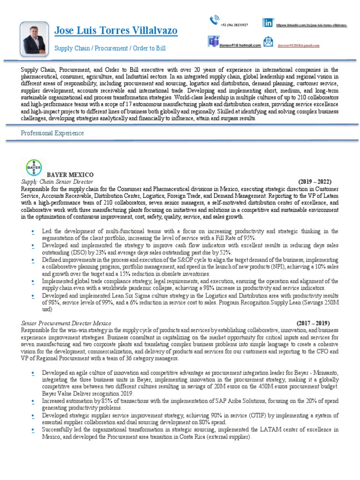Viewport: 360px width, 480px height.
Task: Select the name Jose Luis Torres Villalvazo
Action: click(x=116, y=31)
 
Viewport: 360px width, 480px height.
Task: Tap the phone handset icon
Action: click(x=215, y=20)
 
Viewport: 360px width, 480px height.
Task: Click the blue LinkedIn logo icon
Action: click(x=268, y=22)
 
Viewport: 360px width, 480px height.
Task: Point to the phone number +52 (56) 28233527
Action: click(x=234, y=24)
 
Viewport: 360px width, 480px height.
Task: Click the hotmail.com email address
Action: click(x=240, y=45)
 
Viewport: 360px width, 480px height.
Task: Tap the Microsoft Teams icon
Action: click(x=213, y=41)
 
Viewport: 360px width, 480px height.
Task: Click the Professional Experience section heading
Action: click(x=52, y=133)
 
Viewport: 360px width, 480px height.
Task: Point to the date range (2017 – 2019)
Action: click(x=313, y=323)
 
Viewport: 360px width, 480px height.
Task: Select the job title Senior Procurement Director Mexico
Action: click(x=66, y=323)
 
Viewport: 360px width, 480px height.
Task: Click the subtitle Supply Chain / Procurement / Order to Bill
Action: click(x=110, y=48)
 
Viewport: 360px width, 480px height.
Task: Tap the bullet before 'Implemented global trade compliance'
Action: click(x=32, y=281)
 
